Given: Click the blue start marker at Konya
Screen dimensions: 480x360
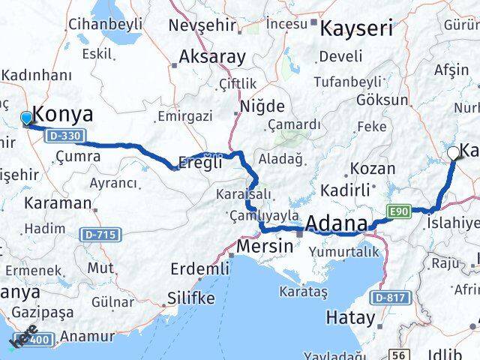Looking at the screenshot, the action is (x=27, y=118).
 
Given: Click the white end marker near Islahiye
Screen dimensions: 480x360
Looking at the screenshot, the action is (x=453, y=153).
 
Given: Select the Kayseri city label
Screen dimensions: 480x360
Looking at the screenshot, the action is (x=356, y=29).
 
